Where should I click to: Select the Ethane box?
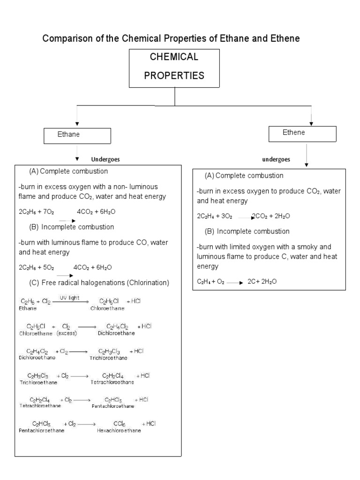point(77,135)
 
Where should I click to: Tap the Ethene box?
point(302,134)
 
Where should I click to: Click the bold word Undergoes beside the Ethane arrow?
point(105,159)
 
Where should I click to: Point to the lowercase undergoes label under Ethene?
point(276,159)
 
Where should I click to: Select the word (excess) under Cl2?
point(67,333)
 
